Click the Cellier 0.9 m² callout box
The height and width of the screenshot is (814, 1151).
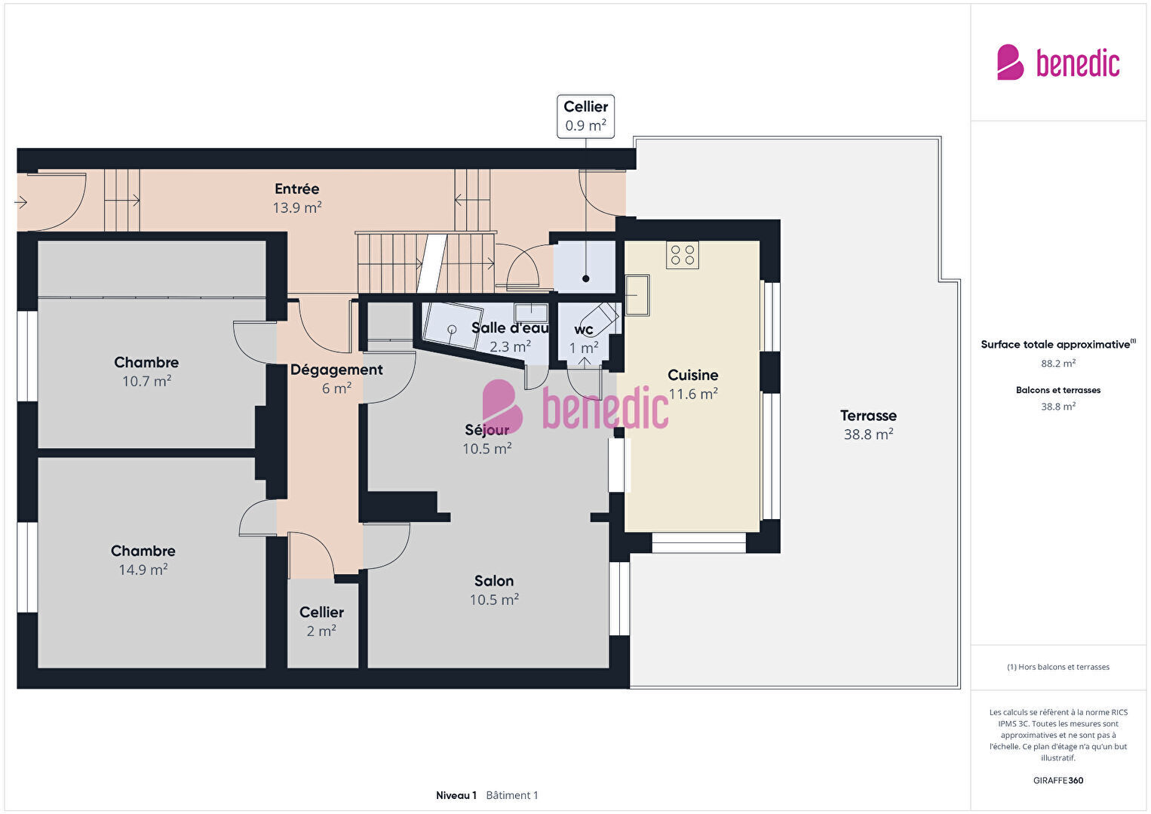click(x=585, y=116)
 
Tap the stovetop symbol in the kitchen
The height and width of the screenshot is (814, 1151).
click(x=683, y=255)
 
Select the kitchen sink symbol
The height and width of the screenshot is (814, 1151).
click(x=637, y=295)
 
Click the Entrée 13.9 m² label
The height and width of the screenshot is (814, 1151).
click(x=297, y=198)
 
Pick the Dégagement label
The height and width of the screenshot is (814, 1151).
click(x=336, y=370)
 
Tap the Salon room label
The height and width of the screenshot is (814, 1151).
click(x=494, y=581)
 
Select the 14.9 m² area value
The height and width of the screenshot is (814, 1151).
click(x=143, y=570)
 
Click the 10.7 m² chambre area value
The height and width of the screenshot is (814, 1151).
click(x=146, y=381)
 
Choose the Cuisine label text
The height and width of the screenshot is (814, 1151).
click(x=692, y=375)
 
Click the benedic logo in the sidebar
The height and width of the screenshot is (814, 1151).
click(x=1058, y=63)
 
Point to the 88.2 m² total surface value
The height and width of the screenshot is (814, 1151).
click(x=1058, y=364)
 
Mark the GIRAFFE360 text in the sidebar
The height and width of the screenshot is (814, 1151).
click(x=1058, y=780)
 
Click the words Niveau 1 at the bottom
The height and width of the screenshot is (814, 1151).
click(x=456, y=795)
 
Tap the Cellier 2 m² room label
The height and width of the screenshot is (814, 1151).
click(x=321, y=622)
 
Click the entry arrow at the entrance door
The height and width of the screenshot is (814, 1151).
click(x=20, y=202)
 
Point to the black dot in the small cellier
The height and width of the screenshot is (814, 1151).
click(x=586, y=278)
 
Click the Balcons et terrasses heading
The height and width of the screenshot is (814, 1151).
click(x=1058, y=390)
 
